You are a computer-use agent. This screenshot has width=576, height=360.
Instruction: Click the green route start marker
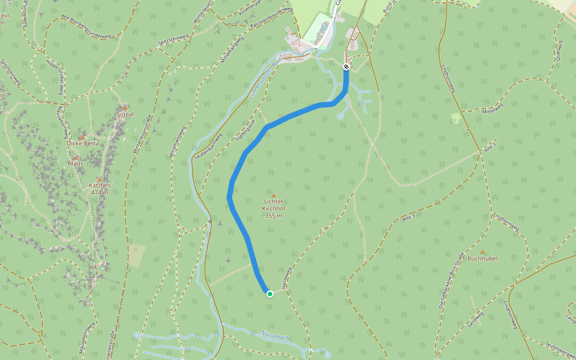tap(270, 293)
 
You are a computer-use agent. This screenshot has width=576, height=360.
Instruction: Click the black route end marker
tap(346, 67)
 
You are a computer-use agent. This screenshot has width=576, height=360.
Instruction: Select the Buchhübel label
tap(482, 259)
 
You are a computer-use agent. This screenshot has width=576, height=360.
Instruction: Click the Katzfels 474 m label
tap(99, 189)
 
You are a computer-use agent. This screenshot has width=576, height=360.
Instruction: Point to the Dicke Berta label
tap(83, 143)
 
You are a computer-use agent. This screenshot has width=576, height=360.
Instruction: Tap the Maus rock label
tap(76, 163)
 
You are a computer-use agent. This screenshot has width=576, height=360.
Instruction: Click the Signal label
tap(125, 114)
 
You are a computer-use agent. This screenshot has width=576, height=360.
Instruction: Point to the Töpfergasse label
tap(242, 129)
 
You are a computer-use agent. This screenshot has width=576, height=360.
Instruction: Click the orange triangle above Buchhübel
tap(482, 252)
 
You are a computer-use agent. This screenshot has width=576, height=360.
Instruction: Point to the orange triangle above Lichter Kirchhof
tap(273, 196)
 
